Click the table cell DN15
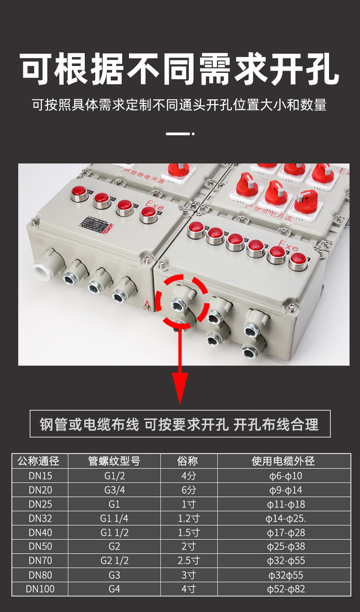[x=40, y=476]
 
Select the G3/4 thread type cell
[x=114, y=490]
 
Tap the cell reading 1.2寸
[x=189, y=518]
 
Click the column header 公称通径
[x=40, y=461]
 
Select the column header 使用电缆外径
[x=283, y=461]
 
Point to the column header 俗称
[x=189, y=461]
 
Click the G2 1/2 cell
[x=114, y=561]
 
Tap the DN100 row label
[x=40, y=589]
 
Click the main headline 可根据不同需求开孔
[x=180, y=69]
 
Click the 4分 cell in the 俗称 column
[x=189, y=476]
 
